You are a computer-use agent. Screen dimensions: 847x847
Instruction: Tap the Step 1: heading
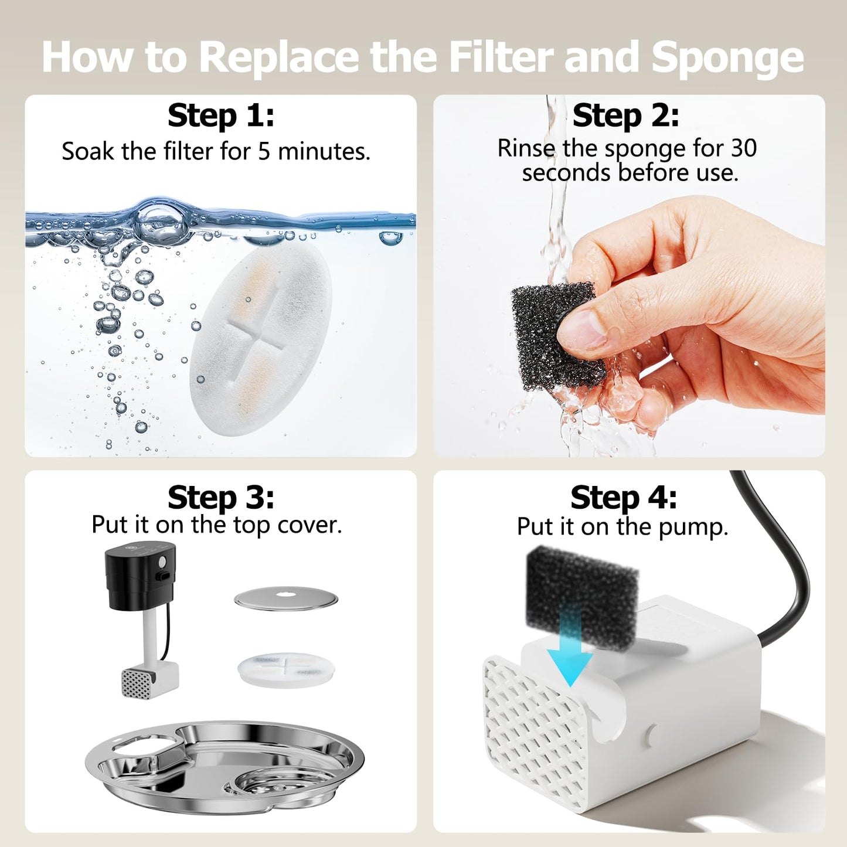220,115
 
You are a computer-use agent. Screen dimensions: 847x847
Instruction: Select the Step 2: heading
625,115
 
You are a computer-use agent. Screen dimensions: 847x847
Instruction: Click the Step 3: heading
220,498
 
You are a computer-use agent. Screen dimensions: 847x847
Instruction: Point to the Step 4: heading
624,498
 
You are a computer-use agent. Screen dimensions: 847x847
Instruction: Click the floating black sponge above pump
580,586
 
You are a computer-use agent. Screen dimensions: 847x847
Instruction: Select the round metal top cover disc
286,599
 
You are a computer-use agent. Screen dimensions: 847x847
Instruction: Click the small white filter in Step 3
286,669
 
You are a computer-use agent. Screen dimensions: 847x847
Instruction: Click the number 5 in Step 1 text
264,152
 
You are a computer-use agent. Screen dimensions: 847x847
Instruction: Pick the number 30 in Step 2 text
743,148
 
